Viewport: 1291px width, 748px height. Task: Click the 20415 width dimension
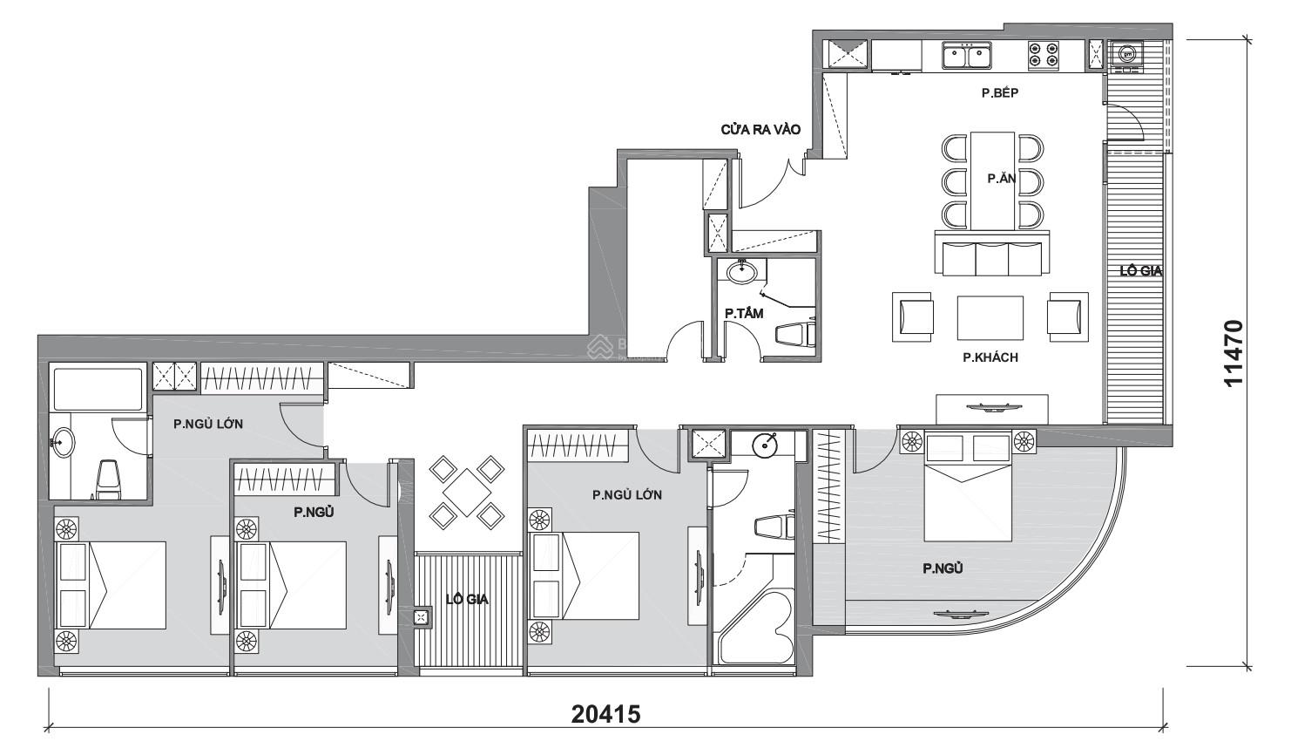pos(605,715)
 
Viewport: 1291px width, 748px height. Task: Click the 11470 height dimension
pos(1233,353)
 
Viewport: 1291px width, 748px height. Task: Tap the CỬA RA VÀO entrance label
pos(760,129)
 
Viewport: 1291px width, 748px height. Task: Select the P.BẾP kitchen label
pos(999,92)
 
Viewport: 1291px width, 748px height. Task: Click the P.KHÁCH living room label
pos(990,357)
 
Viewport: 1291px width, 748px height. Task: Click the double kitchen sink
pos(967,57)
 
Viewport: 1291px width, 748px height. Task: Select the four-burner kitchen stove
pos(1043,57)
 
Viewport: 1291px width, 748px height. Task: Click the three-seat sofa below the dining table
pos(990,255)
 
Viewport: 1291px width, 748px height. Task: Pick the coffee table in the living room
pos(990,318)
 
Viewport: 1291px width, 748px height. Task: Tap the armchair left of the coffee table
pos(913,316)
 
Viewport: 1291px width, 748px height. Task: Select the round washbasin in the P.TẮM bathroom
pos(741,271)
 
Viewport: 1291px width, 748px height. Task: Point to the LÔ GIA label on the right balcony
pos(1140,271)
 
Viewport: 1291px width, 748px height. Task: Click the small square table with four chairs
pos(467,494)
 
